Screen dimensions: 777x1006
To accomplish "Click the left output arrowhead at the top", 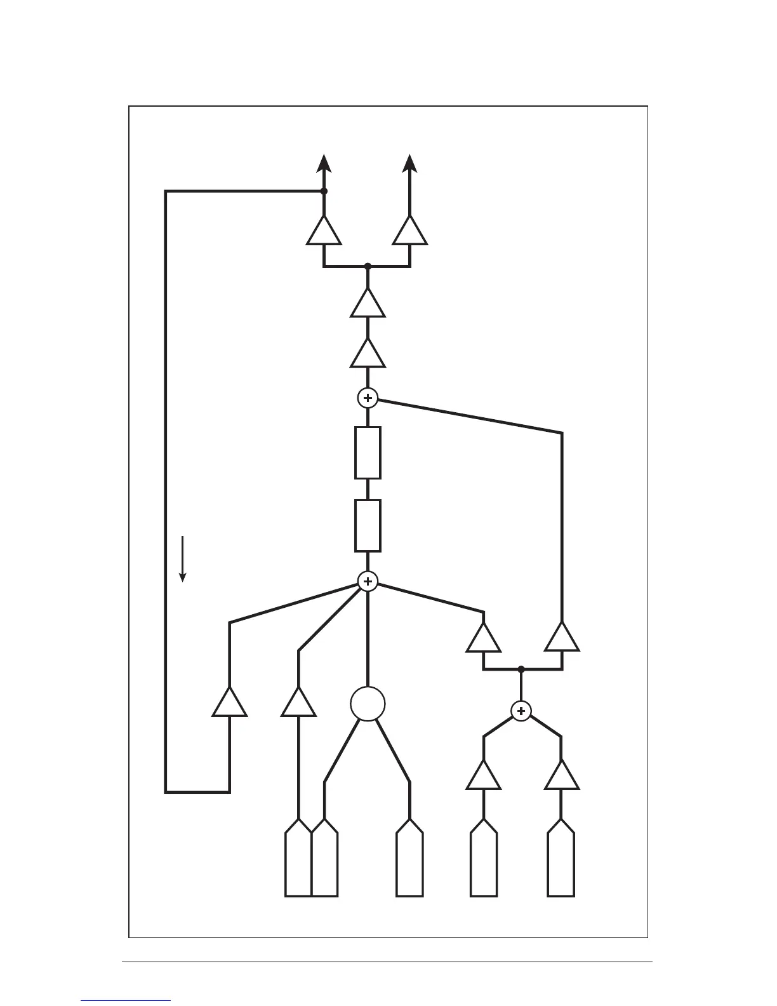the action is (x=324, y=163).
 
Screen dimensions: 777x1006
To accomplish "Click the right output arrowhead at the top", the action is (x=410, y=163).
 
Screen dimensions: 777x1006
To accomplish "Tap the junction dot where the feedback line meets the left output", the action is (x=324, y=191).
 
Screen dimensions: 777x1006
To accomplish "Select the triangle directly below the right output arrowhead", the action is (x=410, y=232).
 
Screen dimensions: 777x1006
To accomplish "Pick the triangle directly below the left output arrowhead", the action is (x=324, y=232).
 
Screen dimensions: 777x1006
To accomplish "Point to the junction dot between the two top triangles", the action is (x=368, y=266).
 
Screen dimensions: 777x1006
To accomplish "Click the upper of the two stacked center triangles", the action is (x=368, y=304).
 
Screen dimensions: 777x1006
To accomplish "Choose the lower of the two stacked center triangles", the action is (x=368, y=354).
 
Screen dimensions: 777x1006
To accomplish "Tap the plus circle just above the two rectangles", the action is (x=368, y=398).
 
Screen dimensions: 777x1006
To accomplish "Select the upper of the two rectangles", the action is (x=368, y=452).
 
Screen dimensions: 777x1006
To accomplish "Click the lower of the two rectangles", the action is (x=368, y=525).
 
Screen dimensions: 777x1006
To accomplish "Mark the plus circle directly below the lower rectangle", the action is (x=368, y=581).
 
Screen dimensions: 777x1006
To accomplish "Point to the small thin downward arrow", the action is (x=183, y=559).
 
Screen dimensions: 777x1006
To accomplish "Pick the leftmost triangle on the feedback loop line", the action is (x=229, y=703).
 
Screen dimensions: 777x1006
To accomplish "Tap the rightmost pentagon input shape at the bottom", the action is (x=561, y=859).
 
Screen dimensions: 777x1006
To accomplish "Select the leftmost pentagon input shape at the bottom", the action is (x=298, y=859).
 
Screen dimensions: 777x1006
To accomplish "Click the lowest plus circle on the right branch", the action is (x=521, y=711).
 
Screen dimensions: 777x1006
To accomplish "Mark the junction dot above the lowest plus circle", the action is (x=521, y=669).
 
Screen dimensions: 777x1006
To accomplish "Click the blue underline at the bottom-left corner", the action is (x=126, y=1000).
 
